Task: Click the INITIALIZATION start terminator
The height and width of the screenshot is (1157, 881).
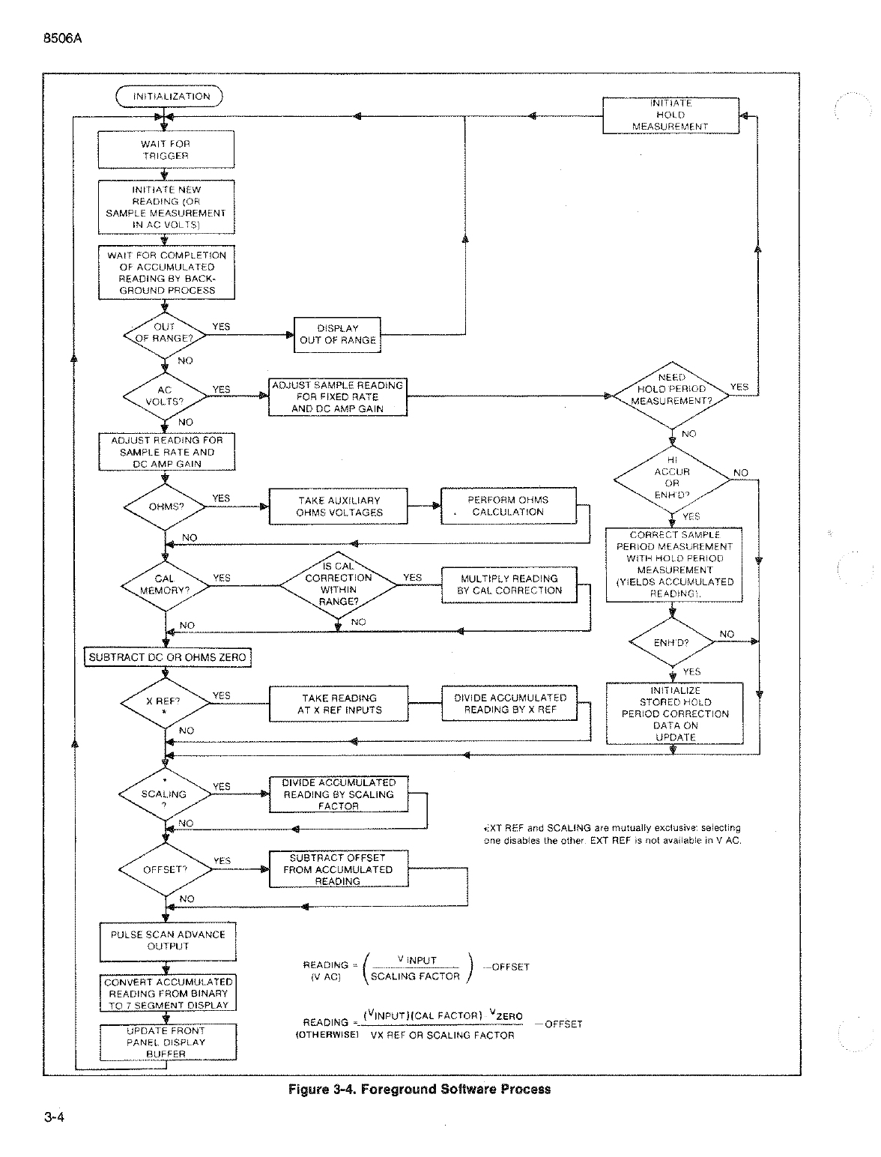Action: pos(169,97)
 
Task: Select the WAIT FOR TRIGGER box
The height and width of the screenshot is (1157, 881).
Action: pos(166,150)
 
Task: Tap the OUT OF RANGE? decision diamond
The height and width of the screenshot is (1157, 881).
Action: pos(164,335)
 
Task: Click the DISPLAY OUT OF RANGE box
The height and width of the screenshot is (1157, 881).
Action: pos(337,335)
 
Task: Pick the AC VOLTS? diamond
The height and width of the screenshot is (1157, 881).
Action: pos(165,396)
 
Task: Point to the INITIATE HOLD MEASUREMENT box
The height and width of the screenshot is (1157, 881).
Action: pos(670,115)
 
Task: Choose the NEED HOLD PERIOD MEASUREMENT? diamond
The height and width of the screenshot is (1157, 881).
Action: pos(672,396)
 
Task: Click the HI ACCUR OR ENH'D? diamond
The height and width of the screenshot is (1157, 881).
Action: pos(672,479)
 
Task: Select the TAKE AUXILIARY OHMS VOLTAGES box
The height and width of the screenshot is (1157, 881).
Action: pos(339,507)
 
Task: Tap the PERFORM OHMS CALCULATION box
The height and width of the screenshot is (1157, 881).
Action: pos(509,506)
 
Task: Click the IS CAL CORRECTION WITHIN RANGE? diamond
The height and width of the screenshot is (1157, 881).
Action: pos(339,584)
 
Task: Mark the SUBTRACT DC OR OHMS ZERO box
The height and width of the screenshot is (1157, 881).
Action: pos(168,657)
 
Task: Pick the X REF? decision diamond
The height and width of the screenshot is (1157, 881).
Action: pos(166,703)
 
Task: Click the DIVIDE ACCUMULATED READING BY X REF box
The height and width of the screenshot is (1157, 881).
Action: pos(509,703)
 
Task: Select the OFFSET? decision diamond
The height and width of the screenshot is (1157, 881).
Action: pos(166,870)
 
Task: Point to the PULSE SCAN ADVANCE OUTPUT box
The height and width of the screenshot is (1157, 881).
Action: pos(168,942)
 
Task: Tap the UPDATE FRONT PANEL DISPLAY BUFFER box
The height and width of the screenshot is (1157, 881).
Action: pos(168,1042)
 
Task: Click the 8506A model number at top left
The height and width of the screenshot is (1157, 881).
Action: pos(63,38)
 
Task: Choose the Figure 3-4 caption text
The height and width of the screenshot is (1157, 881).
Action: pos(420,1089)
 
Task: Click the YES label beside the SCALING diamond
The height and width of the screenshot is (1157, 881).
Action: pos(221,786)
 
